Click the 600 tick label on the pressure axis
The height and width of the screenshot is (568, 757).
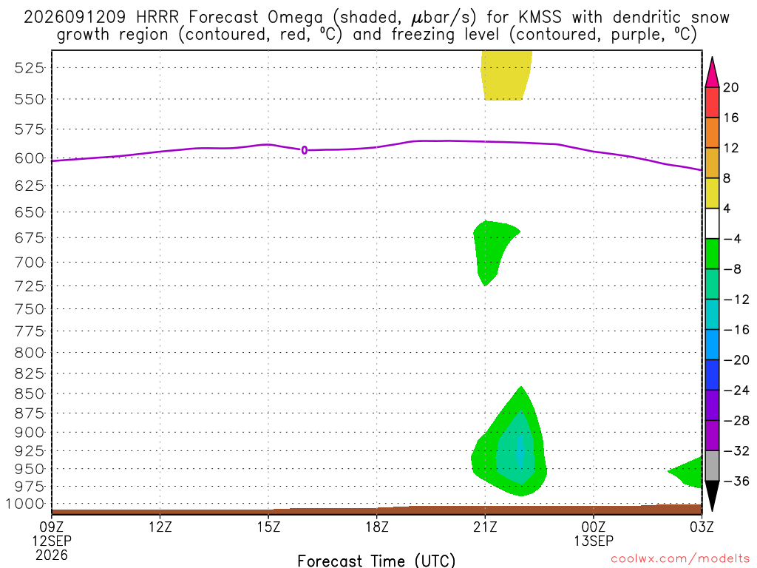tap(30, 158)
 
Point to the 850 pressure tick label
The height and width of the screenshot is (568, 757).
tap(30, 394)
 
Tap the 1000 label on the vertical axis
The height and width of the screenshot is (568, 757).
tap(25, 504)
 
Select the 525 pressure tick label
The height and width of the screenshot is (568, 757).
tap(30, 68)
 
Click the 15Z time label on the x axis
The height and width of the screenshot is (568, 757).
tap(268, 527)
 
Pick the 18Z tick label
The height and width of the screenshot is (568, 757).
tap(377, 527)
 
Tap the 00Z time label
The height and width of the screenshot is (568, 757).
tap(594, 527)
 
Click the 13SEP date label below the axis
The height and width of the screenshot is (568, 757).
tap(594, 541)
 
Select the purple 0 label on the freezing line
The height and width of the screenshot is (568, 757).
tap(304, 150)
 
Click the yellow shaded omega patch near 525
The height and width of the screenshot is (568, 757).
tap(505, 75)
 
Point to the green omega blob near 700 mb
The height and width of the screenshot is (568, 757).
tap(490, 248)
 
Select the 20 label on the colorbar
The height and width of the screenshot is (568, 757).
tap(731, 87)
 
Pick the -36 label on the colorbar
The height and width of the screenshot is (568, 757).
tap(736, 481)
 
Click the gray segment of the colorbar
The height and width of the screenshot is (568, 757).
tap(712, 466)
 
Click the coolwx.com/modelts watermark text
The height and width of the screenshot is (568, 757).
tap(680, 559)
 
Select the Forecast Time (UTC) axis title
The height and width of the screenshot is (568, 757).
tap(376, 561)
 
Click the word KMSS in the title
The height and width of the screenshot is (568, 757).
tap(540, 18)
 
